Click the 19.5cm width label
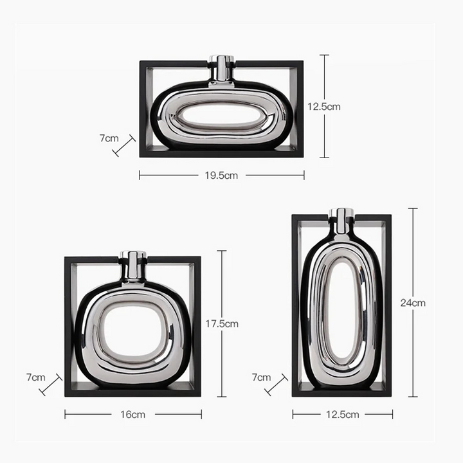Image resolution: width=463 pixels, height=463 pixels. point(222,175)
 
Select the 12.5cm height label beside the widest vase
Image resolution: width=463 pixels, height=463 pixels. point(341,107)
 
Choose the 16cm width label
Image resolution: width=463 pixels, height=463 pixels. point(132,415)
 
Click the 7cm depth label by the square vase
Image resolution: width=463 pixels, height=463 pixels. point(36,377)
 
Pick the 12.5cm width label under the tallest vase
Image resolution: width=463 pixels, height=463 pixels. point(343,415)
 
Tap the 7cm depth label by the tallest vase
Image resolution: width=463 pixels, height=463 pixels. point(261,377)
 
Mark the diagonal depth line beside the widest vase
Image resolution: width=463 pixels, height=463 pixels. point(124,145)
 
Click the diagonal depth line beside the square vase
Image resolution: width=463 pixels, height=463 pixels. point(51,385)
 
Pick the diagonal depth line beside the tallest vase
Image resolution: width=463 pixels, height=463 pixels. point(276,385)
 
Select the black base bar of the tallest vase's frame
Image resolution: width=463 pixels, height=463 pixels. point(341,391)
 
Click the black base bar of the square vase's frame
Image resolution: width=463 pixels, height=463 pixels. point(132,390)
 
